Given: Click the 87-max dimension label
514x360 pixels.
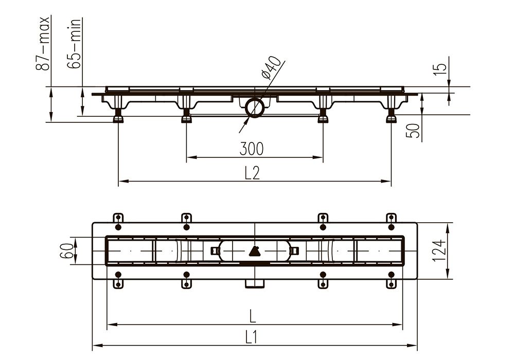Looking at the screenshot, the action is point(43,43).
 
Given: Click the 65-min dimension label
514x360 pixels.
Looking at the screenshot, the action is point(74,43).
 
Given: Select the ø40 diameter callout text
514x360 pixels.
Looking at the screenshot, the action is point(272,68).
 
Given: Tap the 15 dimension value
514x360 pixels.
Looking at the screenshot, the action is point(441,69).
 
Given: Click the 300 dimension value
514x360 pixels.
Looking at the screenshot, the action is point(252,149).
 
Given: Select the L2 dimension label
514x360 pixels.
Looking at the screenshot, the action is point(252,173).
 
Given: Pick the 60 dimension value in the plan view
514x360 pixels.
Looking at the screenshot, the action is point(67,251).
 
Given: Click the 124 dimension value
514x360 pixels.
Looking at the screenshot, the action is point(438,250).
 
